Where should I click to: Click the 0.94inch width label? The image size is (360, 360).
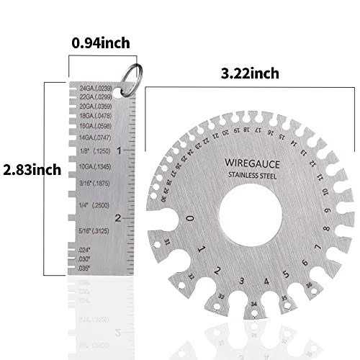[x=101, y=43]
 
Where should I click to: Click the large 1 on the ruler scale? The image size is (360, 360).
[x=127, y=150]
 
